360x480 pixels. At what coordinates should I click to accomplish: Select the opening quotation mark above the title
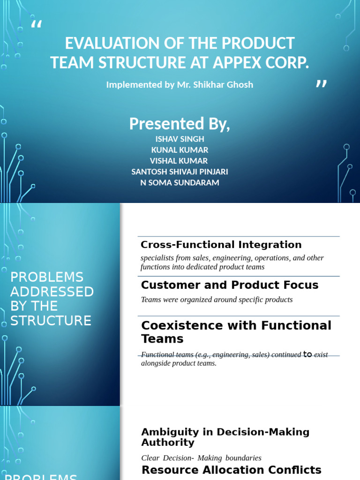click(36, 26)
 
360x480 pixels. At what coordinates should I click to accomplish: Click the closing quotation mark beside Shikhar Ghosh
click(321, 84)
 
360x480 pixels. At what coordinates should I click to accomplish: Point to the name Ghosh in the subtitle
click(239, 85)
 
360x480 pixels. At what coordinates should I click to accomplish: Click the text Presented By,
click(180, 124)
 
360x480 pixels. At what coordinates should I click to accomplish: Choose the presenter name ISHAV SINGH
click(180, 139)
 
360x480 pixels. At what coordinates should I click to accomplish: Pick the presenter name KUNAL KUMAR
click(180, 150)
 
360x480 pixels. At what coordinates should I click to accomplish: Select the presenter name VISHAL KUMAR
click(180, 161)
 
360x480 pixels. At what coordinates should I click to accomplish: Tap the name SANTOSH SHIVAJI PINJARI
click(180, 172)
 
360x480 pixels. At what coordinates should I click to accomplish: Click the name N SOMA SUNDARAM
click(180, 182)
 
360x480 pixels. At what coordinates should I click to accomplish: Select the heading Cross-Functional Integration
click(221, 245)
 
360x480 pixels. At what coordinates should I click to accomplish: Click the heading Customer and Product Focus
click(230, 285)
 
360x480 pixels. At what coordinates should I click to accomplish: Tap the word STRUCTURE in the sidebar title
click(51, 321)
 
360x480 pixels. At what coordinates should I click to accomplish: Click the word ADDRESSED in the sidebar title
click(52, 292)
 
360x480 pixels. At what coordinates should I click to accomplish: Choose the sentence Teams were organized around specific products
click(217, 300)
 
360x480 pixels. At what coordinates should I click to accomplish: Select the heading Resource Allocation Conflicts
click(232, 470)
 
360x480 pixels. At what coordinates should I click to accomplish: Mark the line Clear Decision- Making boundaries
click(201, 458)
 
